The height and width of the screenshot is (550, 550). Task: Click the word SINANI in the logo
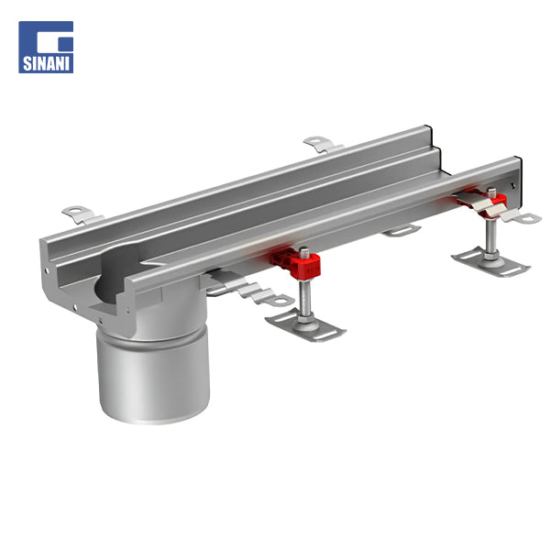[x=46, y=63]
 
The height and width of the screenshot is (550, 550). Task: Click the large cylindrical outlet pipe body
[x=154, y=375]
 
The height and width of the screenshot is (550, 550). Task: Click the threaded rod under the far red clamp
[x=490, y=235]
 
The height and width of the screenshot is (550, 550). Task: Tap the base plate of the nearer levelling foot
[x=305, y=325]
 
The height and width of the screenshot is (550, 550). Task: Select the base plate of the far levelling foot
[x=491, y=262]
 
